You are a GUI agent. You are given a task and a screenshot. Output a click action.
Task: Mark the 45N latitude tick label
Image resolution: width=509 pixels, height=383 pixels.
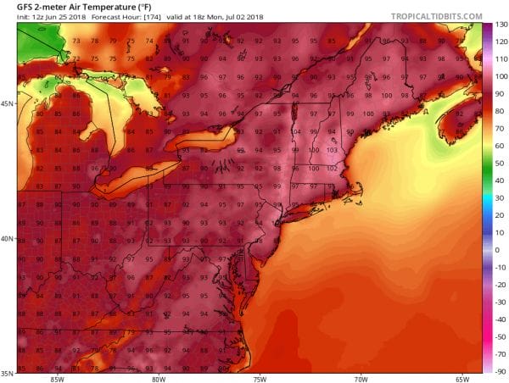click(x=8, y=104)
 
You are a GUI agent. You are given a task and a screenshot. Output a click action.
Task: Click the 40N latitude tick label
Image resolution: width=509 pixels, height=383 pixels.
click(x=8, y=239)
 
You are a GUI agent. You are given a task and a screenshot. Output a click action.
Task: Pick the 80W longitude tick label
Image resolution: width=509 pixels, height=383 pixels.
click(x=158, y=379)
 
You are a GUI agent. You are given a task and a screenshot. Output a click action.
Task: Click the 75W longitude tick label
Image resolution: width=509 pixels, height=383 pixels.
click(x=260, y=379)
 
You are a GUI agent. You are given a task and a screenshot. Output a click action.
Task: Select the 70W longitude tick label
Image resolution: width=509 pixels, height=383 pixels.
click(x=361, y=379)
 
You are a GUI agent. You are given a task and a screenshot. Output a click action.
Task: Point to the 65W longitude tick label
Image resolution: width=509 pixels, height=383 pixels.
click(x=463, y=379)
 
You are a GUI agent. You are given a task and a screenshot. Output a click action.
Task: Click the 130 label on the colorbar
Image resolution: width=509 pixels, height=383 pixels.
click(x=501, y=25)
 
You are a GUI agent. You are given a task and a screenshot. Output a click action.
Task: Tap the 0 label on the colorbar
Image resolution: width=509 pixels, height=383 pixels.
click(x=498, y=251)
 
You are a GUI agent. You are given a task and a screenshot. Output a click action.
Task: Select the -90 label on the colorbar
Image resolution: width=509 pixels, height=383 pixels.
click(x=501, y=372)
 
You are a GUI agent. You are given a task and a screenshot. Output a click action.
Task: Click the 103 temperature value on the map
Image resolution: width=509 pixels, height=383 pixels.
click(x=332, y=150)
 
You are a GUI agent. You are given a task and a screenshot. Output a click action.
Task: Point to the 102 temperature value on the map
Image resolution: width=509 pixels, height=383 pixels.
click(x=332, y=168)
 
